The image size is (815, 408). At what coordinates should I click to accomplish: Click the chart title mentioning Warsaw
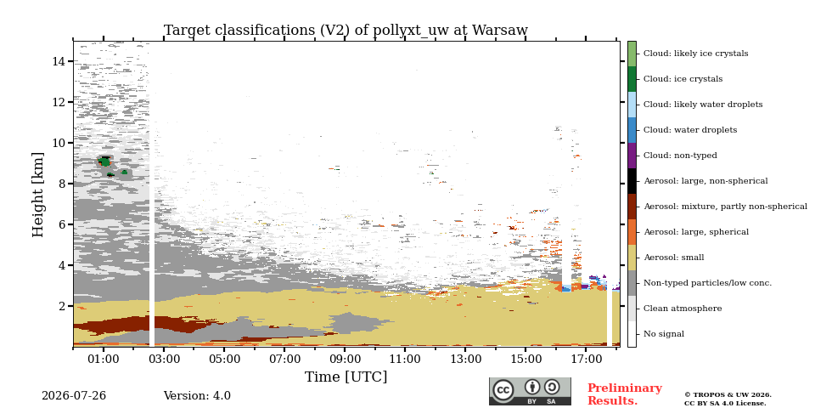tap(346, 31)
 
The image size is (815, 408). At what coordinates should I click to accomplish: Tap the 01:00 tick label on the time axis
tap(104, 359)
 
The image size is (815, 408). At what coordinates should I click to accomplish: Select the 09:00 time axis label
tap(345, 359)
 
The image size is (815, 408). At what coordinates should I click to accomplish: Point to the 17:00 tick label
tap(586, 359)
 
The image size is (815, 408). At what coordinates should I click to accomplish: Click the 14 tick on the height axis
tap(59, 61)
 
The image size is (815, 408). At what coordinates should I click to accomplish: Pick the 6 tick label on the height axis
tap(63, 224)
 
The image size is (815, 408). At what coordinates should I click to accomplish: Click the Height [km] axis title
tap(38, 195)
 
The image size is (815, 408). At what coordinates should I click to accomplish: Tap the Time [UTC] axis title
tap(346, 377)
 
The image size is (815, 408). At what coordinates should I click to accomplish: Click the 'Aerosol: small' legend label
tap(673, 258)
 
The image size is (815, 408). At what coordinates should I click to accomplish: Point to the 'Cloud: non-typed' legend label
tap(680, 156)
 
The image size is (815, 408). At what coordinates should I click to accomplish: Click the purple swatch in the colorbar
tap(632, 156)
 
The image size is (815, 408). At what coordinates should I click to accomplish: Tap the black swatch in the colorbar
tap(632, 181)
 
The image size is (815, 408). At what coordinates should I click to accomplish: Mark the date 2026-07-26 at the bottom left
tap(74, 396)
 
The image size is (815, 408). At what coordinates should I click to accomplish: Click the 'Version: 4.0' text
tap(197, 396)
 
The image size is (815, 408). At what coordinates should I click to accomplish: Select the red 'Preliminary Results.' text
tap(625, 394)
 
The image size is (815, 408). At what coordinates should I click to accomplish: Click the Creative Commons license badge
tap(530, 391)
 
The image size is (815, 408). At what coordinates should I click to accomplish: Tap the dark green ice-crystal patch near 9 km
tap(105, 161)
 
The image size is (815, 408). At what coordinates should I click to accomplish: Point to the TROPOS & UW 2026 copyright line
tap(728, 395)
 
